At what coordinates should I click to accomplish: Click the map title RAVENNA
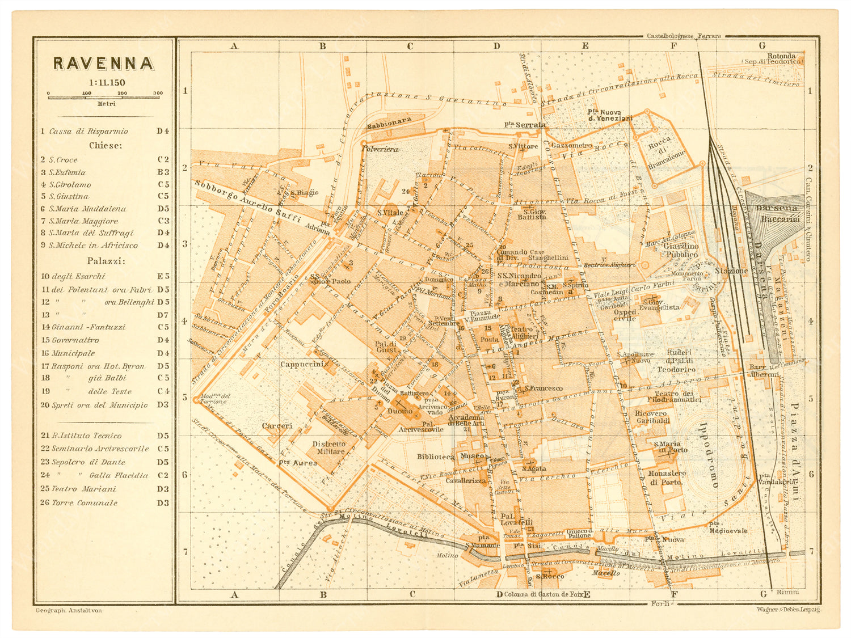103,64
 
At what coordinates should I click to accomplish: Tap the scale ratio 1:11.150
103,83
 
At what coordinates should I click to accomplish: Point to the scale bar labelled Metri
105,98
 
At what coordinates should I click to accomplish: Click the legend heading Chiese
105,146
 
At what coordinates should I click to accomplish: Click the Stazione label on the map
731,271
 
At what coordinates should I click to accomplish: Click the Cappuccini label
302,364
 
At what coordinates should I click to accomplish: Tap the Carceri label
277,426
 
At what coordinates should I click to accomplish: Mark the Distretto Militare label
328,448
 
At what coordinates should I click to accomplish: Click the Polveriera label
380,149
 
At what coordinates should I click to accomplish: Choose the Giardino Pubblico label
681,251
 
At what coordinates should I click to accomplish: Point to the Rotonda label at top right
781,56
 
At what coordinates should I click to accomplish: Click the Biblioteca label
435,457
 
